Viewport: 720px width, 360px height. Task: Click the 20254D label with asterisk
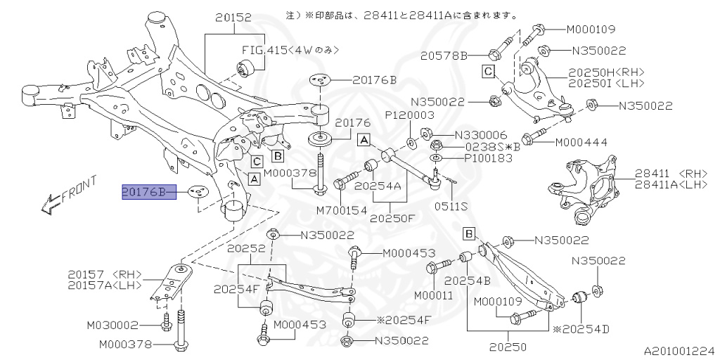(583, 328)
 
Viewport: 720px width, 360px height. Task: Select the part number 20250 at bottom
(509, 347)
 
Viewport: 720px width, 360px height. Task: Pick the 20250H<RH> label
(606, 72)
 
